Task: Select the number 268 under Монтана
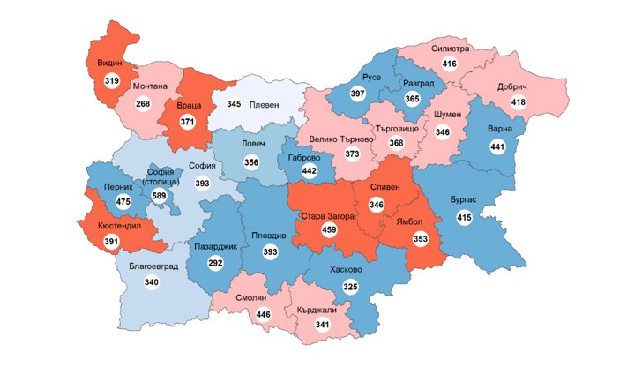[x=143, y=106]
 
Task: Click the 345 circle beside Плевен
[x=234, y=104]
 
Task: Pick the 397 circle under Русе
[x=356, y=94]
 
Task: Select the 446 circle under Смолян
[x=262, y=313]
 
